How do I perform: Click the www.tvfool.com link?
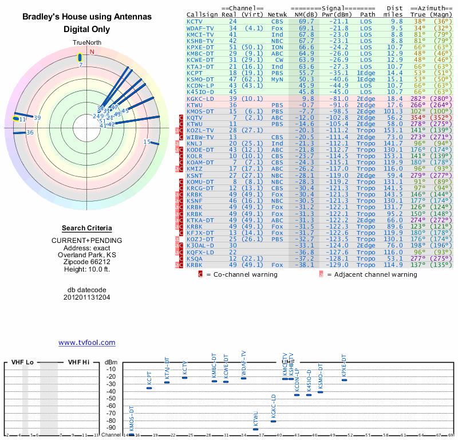86,343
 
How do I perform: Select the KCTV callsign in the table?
195,21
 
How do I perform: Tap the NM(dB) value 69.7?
306,21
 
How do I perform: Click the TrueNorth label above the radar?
86,43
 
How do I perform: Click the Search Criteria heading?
86,228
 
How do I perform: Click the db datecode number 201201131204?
86,297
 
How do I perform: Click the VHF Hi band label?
79,363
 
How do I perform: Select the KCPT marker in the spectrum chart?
149,388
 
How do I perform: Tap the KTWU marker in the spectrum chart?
255,429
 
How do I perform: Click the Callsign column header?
202,14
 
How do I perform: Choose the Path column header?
368,14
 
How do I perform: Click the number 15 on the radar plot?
147,142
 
